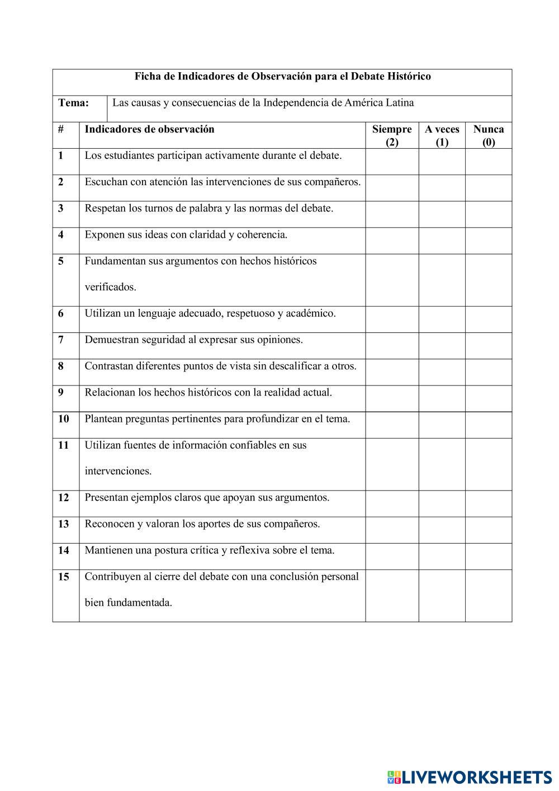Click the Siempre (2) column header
click(392, 135)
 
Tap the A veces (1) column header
click(442, 135)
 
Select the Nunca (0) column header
click(489, 135)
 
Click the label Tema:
click(73, 103)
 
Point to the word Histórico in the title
click(408, 76)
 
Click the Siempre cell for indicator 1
click(392, 162)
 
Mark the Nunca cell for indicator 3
click(489, 214)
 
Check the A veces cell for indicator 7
click(442, 346)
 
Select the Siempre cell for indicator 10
click(392, 425)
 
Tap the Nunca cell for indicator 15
click(489, 595)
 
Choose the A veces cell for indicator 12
click(442, 503)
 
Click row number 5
click(60, 261)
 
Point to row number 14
click(64, 550)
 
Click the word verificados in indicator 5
click(110, 288)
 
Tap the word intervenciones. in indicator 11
click(118, 471)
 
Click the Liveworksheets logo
click(469, 776)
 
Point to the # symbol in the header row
click(60, 129)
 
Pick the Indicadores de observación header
click(149, 129)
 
